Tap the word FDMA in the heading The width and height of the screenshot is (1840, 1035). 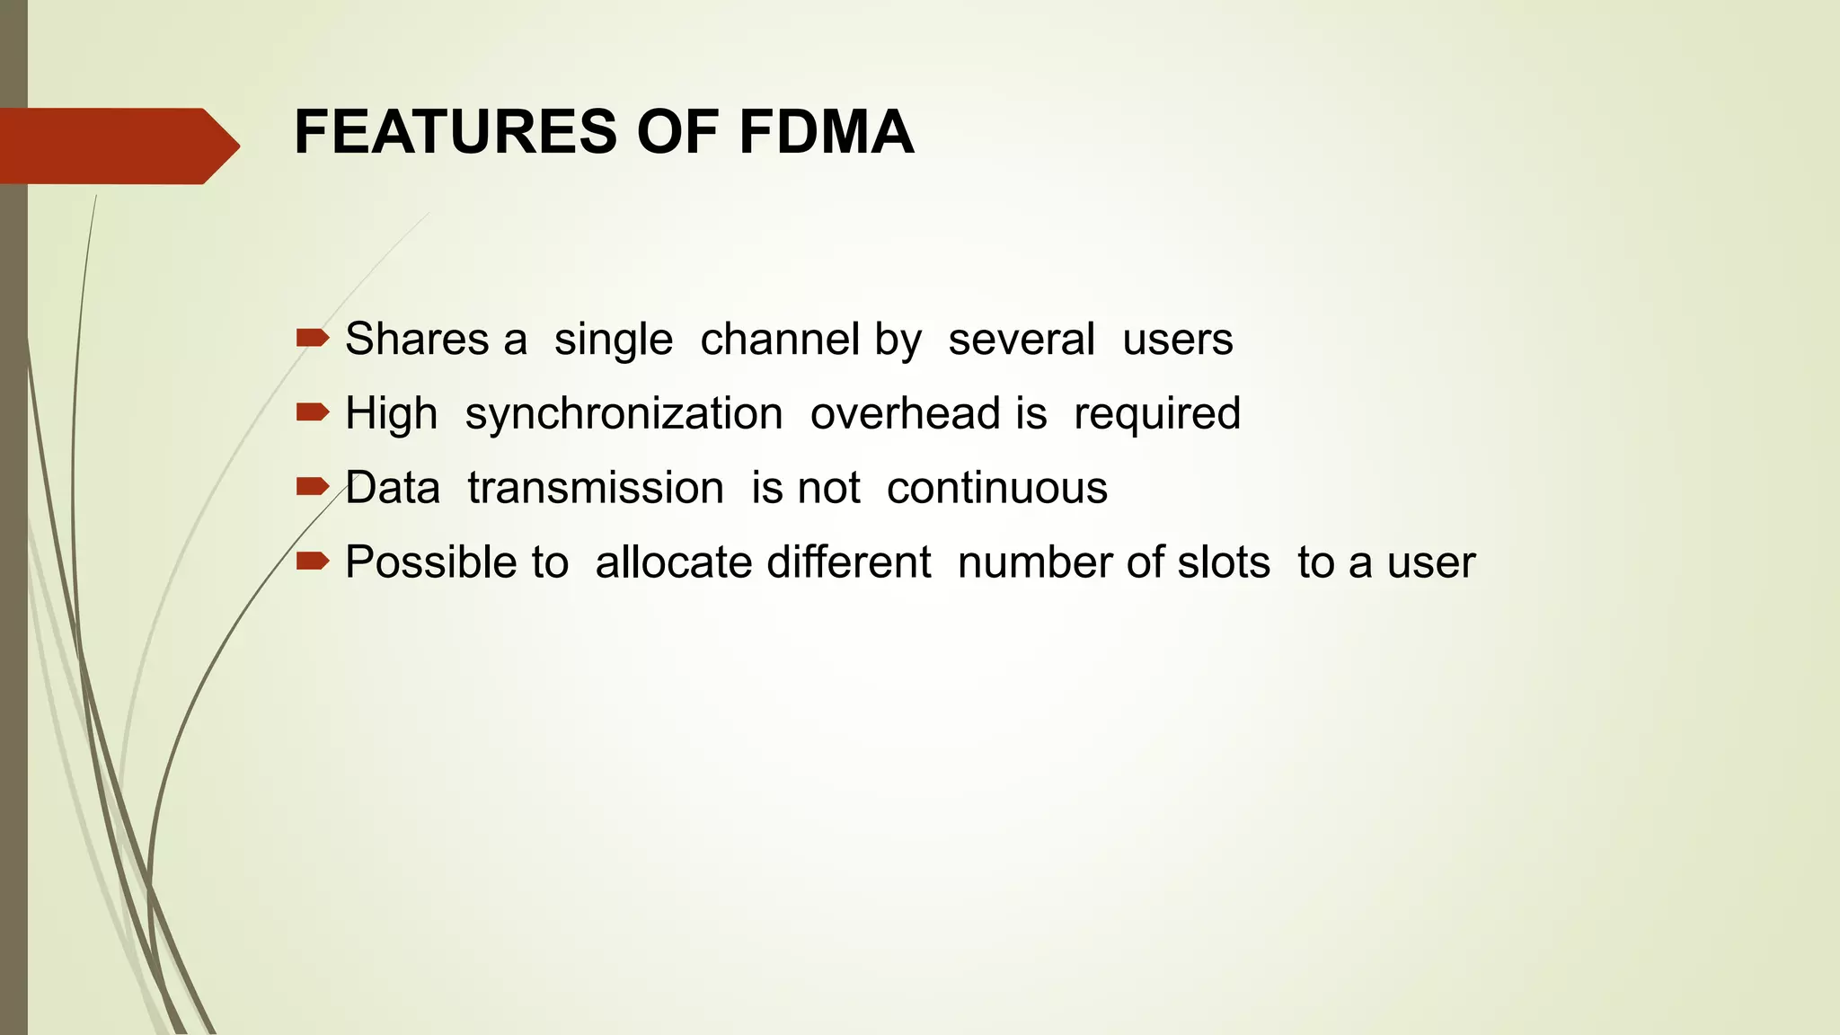826,133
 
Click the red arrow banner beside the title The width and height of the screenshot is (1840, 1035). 117,146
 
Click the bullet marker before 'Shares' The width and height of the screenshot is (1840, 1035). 312,338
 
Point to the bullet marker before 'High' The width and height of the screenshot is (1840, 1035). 312,412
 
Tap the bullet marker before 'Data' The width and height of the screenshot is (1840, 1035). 312,487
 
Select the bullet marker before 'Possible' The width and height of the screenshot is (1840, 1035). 312,562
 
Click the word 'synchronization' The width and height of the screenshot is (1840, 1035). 624,414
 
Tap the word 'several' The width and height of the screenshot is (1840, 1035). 1022,340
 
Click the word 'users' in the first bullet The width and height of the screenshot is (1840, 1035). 1177,340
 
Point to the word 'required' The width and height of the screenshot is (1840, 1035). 1157,414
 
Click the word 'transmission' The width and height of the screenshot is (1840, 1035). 596,489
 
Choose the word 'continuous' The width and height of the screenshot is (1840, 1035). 997,489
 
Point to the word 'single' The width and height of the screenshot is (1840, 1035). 613,340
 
